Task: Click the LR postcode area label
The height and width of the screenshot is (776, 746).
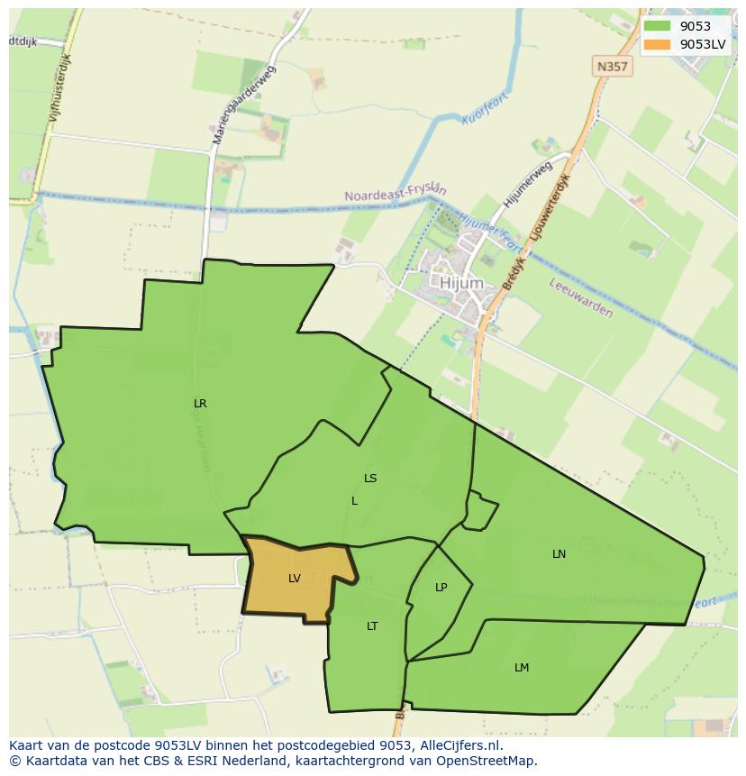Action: pyautogui.click(x=200, y=404)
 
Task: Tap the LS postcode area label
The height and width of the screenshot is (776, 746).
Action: pyautogui.click(x=370, y=479)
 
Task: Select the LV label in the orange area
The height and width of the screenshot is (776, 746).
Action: pyautogui.click(x=295, y=579)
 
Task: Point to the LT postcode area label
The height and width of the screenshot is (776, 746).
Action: pyautogui.click(x=372, y=626)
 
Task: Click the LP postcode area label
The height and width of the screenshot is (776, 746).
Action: pyautogui.click(x=441, y=588)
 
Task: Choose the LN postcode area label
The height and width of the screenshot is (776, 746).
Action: pyautogui.click(x=559, y=554)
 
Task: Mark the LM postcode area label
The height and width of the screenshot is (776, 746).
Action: pyautogui.click(x=522, y=668)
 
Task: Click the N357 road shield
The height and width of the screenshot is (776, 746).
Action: pyautogui.click(x=613, y=67)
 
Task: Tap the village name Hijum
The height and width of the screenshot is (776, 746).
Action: pyautogui.click(x=461, y=283)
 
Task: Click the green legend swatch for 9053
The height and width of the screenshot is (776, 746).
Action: pyautogui.click(x=657, y=26)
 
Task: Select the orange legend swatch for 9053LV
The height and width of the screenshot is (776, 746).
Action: pyautogui.click(x=657, y=44)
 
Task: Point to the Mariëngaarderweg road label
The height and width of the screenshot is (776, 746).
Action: pyautogui.click(x=244, y=105)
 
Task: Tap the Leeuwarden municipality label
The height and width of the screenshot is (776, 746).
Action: pyautogui.click(x=581, y=298)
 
